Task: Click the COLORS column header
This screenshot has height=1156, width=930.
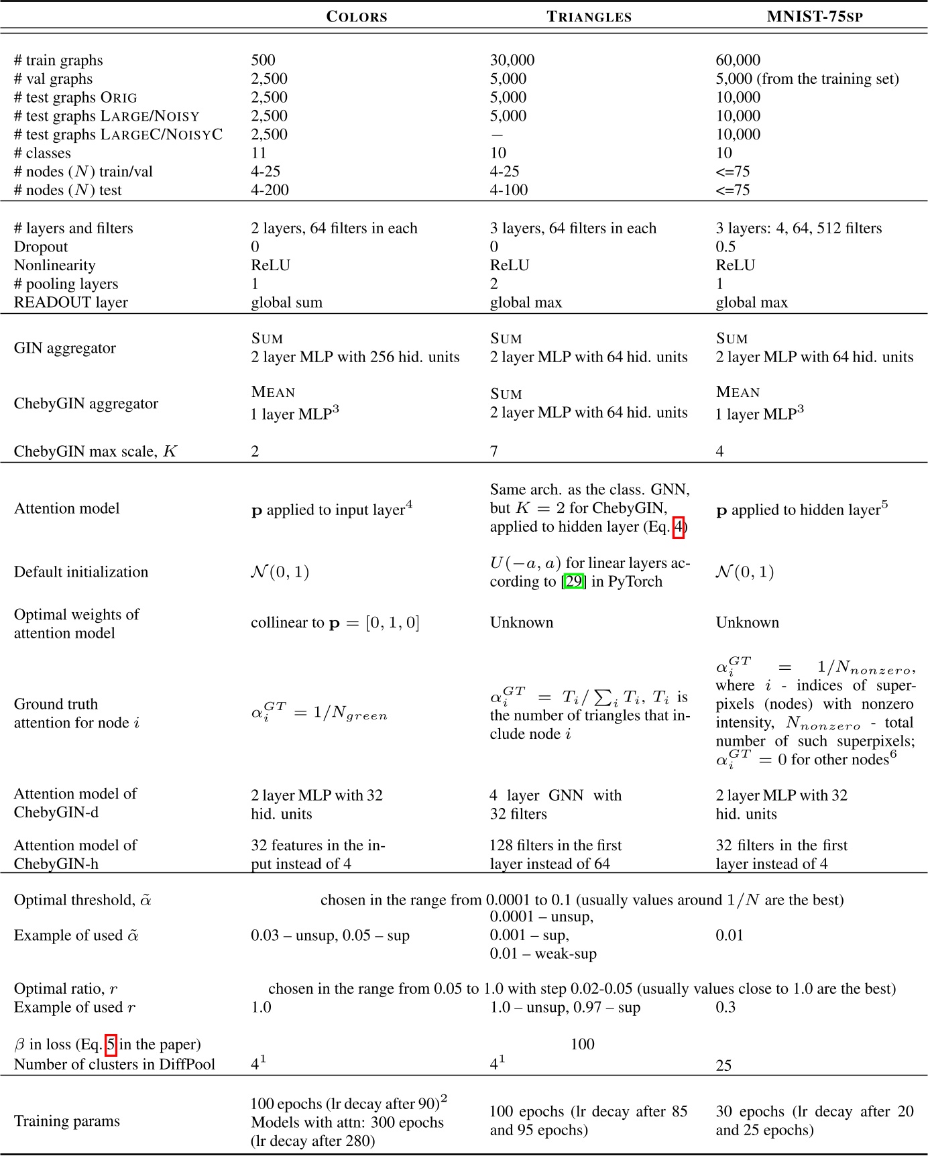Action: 356,17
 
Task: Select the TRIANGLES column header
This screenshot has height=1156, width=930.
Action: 589,17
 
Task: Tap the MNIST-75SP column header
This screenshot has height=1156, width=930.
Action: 814,17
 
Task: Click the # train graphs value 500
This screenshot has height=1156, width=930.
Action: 263,60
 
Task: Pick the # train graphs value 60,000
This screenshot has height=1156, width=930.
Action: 738,60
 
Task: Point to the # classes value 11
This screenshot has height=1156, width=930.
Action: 258,153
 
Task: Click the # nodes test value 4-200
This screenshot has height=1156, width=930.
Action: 270,190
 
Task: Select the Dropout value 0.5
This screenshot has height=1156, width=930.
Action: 725,247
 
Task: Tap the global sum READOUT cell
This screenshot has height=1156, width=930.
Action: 286,302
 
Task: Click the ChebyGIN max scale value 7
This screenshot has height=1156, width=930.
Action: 494,451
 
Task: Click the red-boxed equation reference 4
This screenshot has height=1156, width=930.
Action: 679,527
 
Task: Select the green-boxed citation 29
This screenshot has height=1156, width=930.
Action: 574,581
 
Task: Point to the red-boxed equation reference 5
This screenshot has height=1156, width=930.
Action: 111,1045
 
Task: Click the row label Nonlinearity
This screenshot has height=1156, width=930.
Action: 54,266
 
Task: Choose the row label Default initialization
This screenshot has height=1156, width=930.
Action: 80,572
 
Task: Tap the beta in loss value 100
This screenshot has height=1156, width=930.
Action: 582,1044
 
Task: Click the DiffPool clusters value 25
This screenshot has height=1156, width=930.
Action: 723,1065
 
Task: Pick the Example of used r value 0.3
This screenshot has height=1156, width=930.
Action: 725,1007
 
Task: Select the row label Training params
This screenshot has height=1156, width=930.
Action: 66,1121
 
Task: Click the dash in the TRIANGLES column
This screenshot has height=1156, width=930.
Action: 497,135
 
